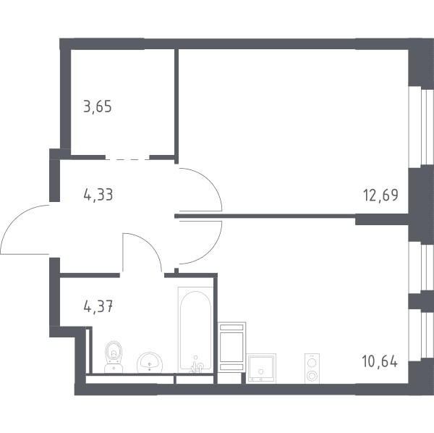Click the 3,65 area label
point(98,106)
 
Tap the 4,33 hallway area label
point(98,195)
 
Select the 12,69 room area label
point(380,196)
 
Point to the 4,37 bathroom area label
point(98,307)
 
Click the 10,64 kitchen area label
point(380,361)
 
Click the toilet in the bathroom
point(114,357)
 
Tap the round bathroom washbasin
point(150,362)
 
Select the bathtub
point(195,329)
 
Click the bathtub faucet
point(196,366)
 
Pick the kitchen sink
point(261,369)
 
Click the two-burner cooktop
point(312,369)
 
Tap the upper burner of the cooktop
point(312,363)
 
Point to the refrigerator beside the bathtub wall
point(231,348)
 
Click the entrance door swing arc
point(14,219)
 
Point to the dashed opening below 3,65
point(127,159)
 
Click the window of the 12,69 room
point(421,127)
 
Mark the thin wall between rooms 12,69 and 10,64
point(265,216)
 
